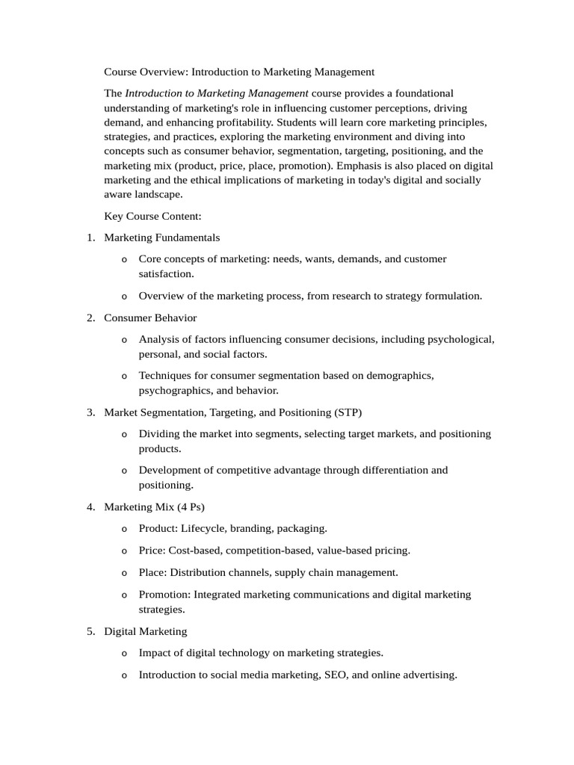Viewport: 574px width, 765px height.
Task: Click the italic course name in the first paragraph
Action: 217,93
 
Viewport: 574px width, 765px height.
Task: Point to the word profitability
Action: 238,122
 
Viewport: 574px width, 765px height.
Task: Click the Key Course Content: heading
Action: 152,217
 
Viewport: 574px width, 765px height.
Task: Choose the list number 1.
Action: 90,238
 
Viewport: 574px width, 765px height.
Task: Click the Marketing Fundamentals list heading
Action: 161,238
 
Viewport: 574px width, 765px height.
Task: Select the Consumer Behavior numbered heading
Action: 150,318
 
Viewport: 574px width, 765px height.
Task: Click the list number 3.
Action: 90,412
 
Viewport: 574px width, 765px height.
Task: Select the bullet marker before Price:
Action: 124,551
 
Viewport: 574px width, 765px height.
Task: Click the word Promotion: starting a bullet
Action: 165,595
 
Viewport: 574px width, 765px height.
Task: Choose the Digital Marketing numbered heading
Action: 145,631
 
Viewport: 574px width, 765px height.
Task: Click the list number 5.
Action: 90,631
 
